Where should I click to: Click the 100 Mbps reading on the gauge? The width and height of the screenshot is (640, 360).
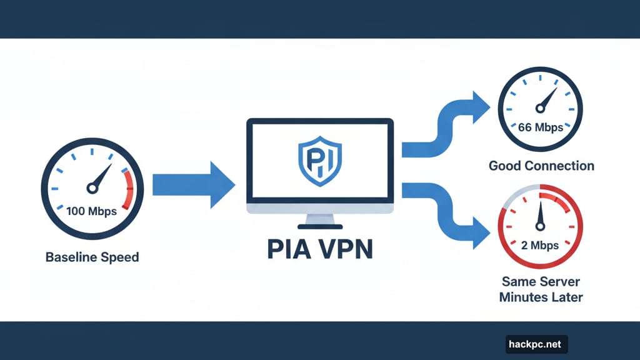point(91,211)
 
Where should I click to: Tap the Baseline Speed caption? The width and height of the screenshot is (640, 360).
point(92,257)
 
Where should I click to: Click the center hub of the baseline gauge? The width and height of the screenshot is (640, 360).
point(92,187)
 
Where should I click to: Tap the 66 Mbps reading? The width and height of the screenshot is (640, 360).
point(540,127)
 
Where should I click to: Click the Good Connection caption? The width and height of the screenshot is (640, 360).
point(541,166)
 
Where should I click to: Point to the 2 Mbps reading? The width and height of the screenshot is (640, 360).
point(540,245)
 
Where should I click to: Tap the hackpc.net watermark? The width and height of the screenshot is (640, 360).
point(536,344)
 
